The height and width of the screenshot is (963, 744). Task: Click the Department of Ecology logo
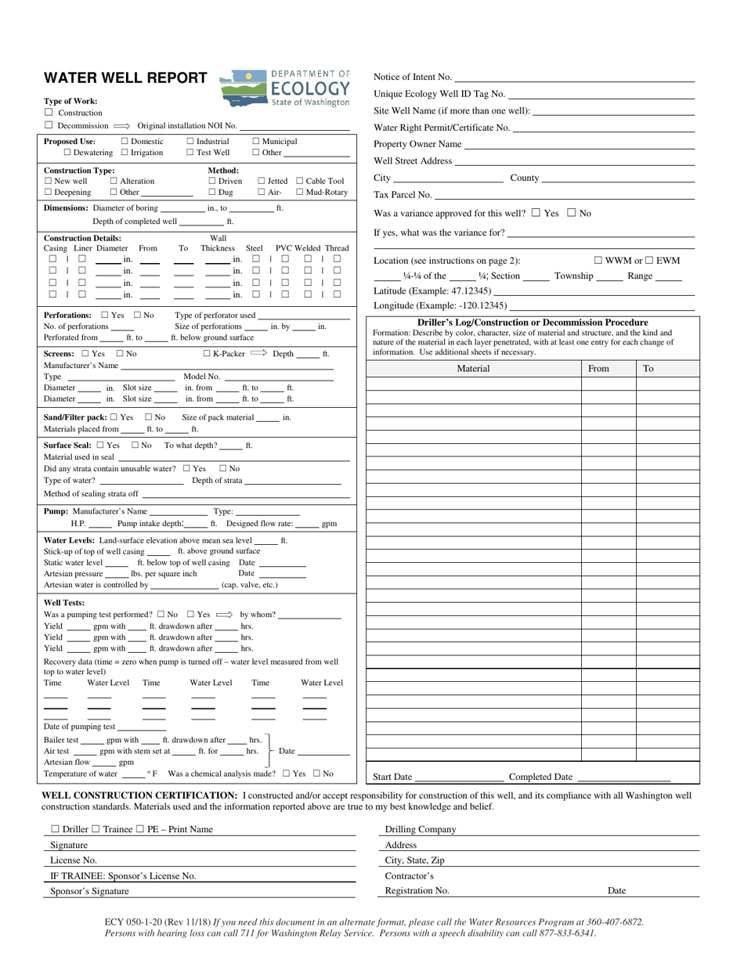(285, 88)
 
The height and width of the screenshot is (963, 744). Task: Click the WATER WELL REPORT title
(125, 78)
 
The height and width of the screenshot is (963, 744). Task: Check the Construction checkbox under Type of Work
(49, 113)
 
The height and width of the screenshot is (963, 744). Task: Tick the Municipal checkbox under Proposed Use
(256, 142)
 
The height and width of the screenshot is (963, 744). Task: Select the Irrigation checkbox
(125, 153)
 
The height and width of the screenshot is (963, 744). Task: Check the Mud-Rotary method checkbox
(300, 192)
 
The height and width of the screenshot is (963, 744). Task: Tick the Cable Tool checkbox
(300, 181)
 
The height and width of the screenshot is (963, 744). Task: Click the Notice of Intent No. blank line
(573, 78)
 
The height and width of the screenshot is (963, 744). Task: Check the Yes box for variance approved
(536, 212)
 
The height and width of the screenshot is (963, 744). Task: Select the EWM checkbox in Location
(649, 261)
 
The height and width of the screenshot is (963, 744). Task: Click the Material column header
(473, 369)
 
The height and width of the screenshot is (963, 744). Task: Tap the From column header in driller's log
(598, 369)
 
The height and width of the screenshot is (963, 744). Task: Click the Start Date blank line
(459, 777)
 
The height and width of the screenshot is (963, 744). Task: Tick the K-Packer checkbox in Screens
(207, 354)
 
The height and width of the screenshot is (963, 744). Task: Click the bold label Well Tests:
(64, 603)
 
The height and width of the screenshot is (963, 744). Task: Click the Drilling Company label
(420, 830)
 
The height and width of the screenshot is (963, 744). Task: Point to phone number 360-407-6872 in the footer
(616, 922)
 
